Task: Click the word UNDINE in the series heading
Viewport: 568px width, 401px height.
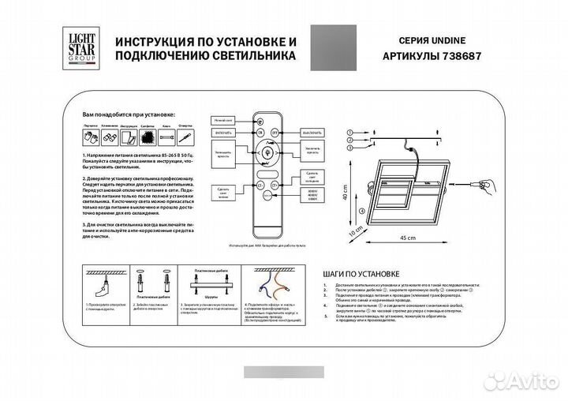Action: (x=461, y=40)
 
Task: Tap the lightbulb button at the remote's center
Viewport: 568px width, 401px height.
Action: (x=267, y=152)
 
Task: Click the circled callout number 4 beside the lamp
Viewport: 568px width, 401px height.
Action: (x=361, y=212)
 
